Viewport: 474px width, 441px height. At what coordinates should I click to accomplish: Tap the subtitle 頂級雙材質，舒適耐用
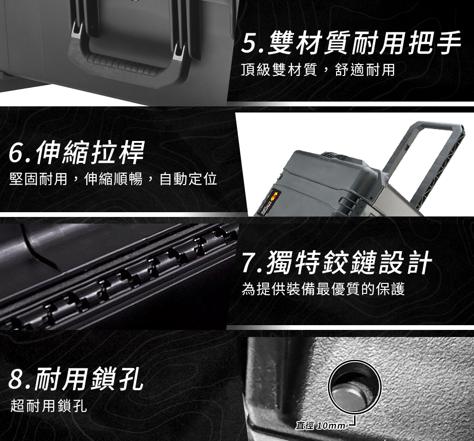[319, 70]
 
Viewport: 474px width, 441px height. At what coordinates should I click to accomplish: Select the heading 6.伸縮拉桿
[77, 152]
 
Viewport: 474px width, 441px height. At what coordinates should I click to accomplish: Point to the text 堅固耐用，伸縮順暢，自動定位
[113, 178]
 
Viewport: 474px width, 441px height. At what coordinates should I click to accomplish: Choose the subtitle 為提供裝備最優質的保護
[323, 289]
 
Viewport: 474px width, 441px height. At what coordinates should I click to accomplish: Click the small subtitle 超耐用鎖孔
[49, 405]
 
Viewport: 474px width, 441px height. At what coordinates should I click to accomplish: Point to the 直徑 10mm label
[320, 426]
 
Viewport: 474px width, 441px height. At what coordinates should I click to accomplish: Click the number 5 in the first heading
[250, 44]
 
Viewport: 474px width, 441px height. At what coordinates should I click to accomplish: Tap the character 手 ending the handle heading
[448, 44]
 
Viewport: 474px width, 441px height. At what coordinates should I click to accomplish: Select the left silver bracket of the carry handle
[76, 31]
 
